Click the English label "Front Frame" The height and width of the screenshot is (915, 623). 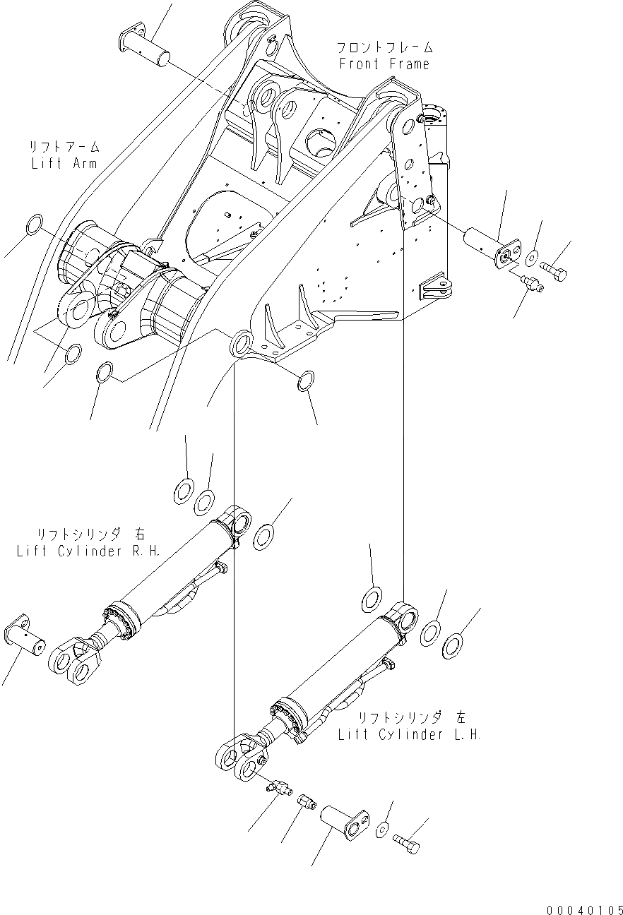pyautogui.click(x=384, y=64)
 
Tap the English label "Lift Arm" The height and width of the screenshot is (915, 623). pyautogui.click(x=63, y=163)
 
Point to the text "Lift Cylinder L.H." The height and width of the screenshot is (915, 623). pyautogui.click(x=409, y=734)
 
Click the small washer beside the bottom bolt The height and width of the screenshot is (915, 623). pyautogui.click(x=382, y=827)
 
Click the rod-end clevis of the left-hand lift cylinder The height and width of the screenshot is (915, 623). pyautogui.click(x=240, y=758)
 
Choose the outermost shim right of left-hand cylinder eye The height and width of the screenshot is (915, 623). pyautogui.click(x=452, y=644)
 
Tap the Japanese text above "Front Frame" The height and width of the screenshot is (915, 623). pyautogui.click(x=384, y=48)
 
